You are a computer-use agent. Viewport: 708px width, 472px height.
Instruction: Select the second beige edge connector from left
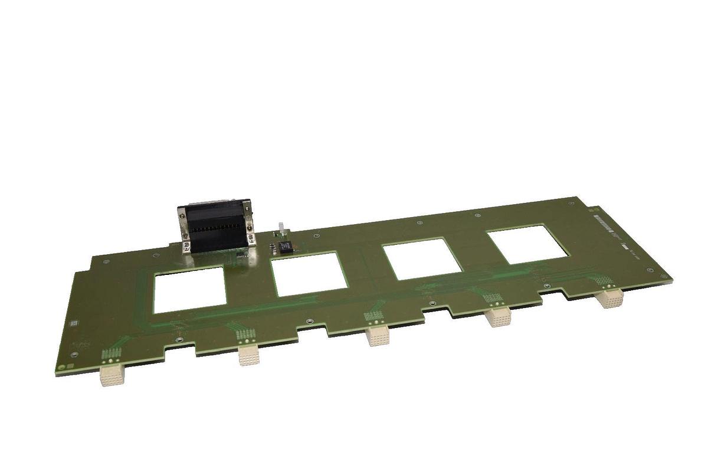(x=248, y=355)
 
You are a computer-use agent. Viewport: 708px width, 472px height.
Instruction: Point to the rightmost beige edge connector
(x=608, y=298)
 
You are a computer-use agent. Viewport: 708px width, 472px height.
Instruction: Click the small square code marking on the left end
(x=74, y=323)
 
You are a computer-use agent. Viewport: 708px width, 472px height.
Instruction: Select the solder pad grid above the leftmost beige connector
(x=110, y=355)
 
